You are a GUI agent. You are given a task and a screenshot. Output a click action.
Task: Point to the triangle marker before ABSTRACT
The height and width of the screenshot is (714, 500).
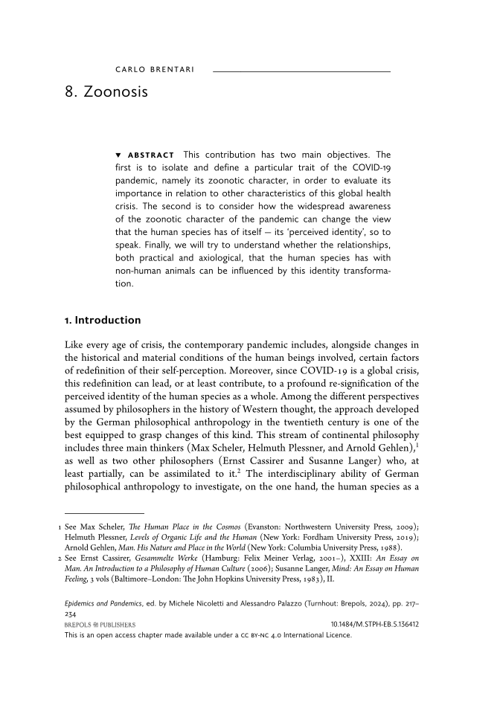click(x=118, y=154)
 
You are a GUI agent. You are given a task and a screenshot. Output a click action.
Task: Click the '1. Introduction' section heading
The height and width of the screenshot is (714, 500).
click(x=103, y=320)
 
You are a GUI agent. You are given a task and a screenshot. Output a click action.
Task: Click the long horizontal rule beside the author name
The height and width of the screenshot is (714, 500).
click(x=301, y=71)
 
